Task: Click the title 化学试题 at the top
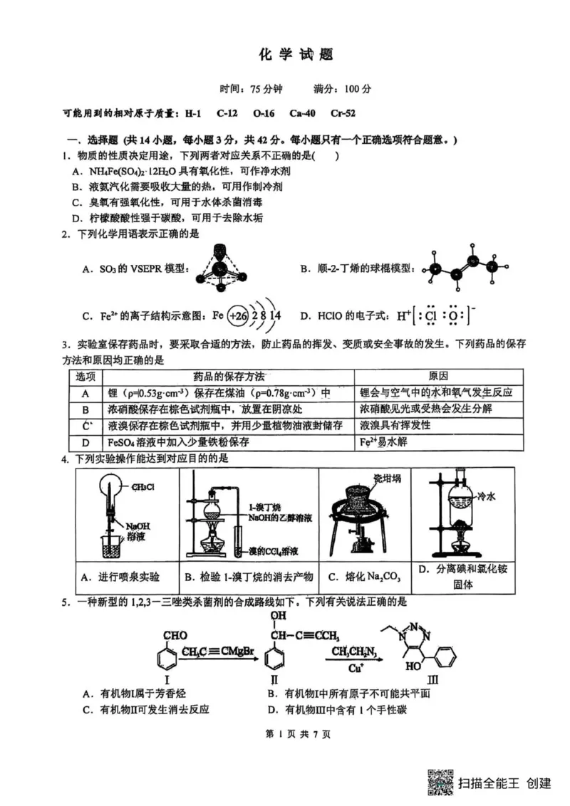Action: click(285, 55)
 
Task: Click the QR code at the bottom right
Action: click(440, 782)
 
